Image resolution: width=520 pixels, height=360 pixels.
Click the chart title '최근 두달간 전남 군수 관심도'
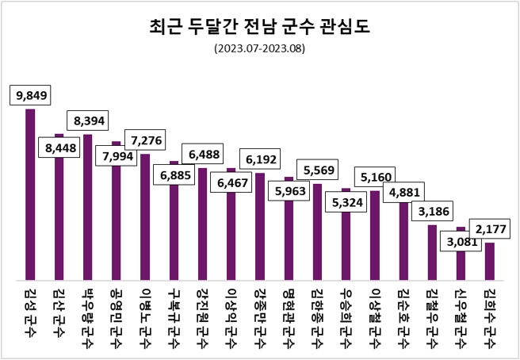(x=259, y=27)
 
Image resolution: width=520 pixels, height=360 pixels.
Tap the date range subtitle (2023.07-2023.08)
(x=259, y=48)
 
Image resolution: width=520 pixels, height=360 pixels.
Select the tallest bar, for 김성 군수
(x=30, y=194)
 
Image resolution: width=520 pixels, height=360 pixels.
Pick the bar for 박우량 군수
(x=88, y=207)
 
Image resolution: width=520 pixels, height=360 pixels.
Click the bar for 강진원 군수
(x=202, y=224)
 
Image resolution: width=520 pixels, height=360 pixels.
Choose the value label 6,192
(x=260, y=159)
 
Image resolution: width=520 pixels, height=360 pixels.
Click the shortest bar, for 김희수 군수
(x=490, y=261)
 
